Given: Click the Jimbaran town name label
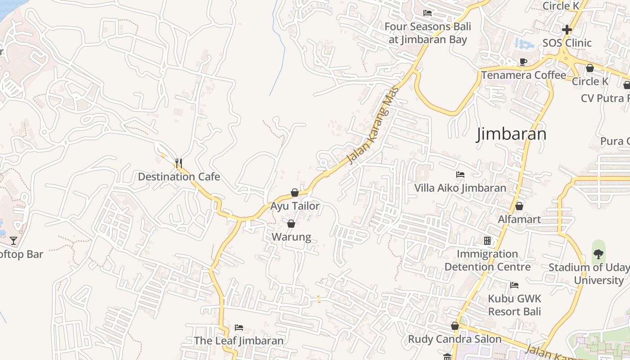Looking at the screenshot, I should click(512, 134).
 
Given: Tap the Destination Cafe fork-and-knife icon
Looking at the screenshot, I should click(179, 163).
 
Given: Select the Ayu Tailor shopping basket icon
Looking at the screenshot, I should click(295, 193).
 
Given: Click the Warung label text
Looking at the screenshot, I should click(291, 237).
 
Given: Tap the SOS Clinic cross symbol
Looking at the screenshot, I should click(567, 30).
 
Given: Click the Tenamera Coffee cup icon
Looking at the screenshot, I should click(523, 62).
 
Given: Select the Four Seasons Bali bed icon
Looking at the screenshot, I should click(427, 13).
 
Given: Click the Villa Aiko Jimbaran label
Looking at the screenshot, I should click(460, 188).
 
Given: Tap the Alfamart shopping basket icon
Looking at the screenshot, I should click(519, 206).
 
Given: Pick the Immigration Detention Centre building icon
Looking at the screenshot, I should click(487, 241).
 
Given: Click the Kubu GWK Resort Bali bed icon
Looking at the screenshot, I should click(514, 285).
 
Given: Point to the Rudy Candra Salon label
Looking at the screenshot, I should click(454, 339).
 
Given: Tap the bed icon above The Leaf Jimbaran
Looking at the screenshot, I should click(239, 327).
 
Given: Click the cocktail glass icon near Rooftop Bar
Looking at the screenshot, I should click(13, 241).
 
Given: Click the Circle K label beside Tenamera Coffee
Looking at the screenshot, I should click(590, 81).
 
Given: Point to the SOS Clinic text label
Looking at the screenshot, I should click(567, 43).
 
